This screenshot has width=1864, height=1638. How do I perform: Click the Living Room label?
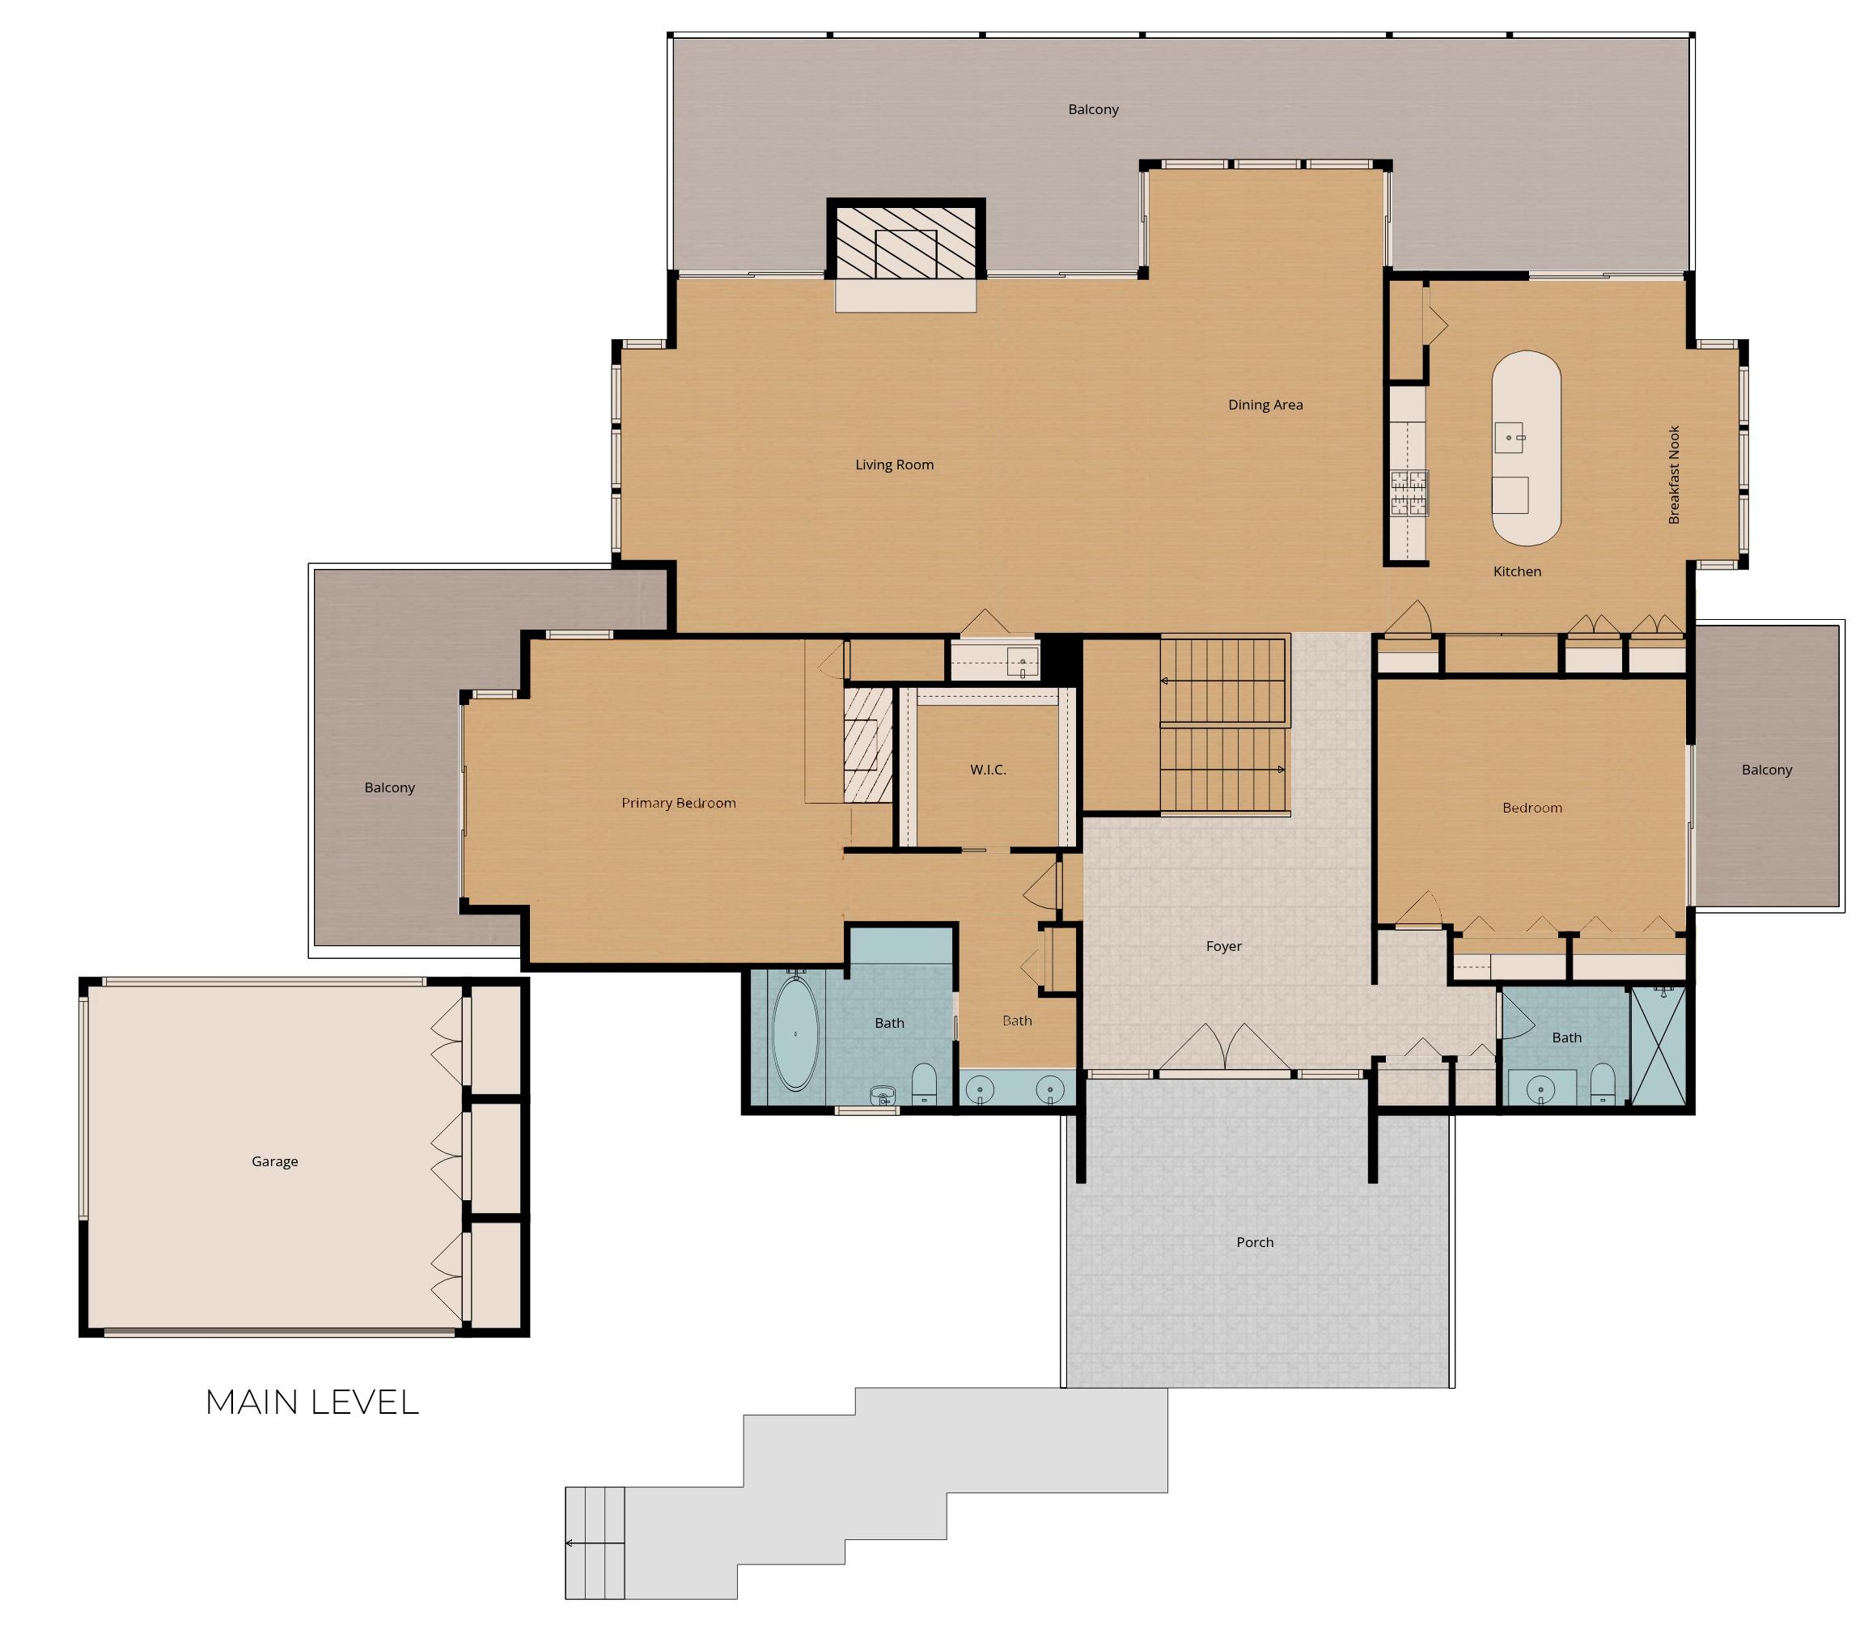[894, 465]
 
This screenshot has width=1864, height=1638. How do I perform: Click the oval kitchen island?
[1526, 448]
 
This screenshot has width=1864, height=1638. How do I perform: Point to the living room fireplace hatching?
[905, 242]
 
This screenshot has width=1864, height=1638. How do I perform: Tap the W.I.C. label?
[988, 770]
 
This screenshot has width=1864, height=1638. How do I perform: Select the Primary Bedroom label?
[679, 804]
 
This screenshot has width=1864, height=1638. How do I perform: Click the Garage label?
[274, 1162]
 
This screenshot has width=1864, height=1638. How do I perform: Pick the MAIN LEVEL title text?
[312, 1402]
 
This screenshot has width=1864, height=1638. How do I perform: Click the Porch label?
[1255, 1243]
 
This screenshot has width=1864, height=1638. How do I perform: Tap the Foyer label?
[1224, 947]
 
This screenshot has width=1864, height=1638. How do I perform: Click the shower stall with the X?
[1657, 1046]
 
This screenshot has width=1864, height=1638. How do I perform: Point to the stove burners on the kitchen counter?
[1409, 494]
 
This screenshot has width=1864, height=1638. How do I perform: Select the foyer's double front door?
[1226, 1048]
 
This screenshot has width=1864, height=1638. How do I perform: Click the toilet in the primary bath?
[924, 1084]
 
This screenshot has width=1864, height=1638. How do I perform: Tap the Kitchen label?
[1517, 572]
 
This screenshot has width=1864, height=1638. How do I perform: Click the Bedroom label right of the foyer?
[1532, 808]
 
